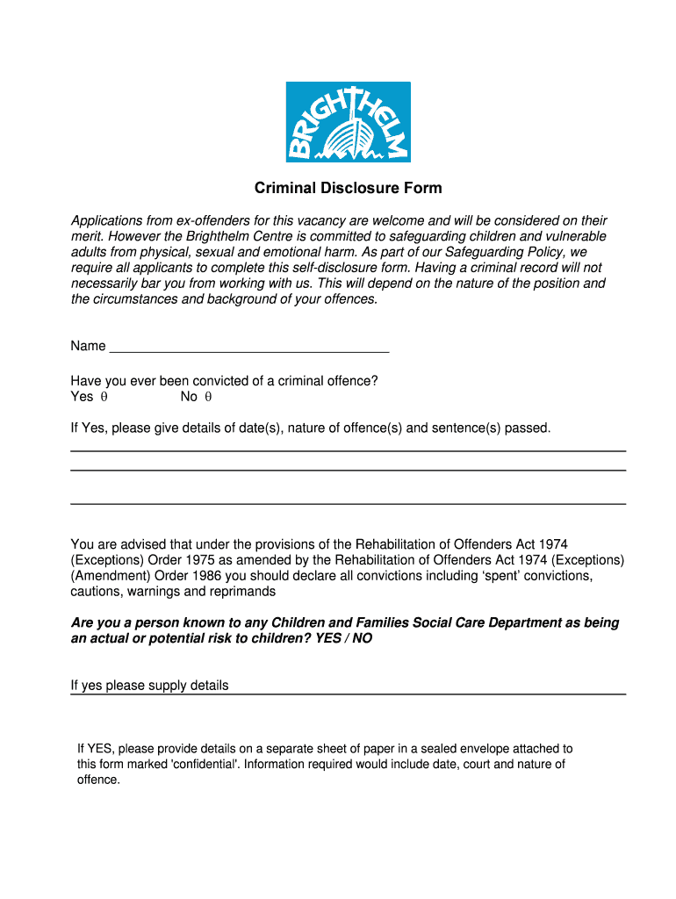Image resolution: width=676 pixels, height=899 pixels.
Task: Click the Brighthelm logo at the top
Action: [348, 122]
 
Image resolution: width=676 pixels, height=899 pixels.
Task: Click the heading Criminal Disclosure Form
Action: [348, 188]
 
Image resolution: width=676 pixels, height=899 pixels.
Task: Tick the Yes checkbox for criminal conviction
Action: [103, 397]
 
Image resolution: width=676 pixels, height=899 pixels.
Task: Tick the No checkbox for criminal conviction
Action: [209, 397]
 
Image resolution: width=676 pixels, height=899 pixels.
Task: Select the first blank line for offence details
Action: [348, 450]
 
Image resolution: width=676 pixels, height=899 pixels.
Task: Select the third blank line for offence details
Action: [348, 503]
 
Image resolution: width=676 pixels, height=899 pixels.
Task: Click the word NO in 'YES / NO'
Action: [361, 638]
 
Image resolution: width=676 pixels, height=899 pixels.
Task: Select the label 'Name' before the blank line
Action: [88, 346]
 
